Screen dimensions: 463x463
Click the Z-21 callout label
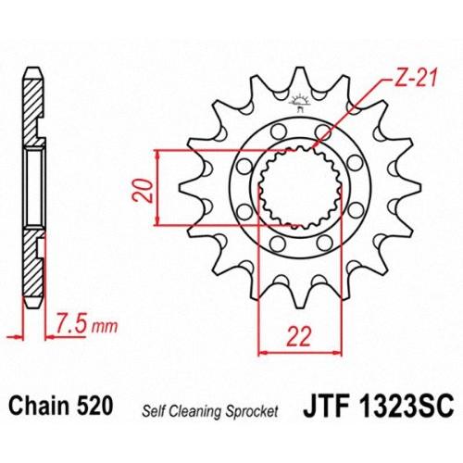[411, 78]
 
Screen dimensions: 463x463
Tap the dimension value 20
[143, 192]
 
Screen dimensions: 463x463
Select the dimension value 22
[299, 336]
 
